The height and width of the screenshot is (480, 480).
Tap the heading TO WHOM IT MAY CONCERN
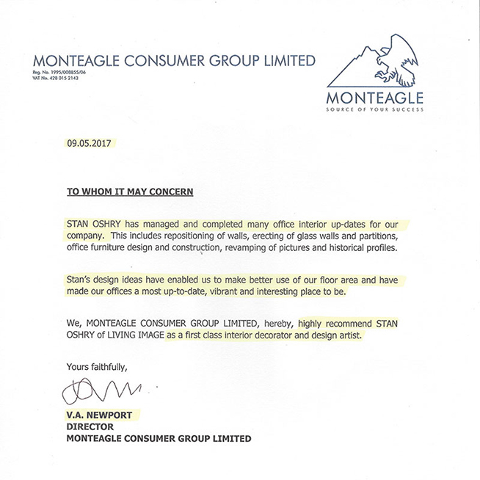[x=130, y=192]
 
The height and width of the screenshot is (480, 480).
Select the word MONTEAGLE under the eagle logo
[x=376, y=97]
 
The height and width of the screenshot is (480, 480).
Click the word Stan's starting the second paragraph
[x=81, y=280]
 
